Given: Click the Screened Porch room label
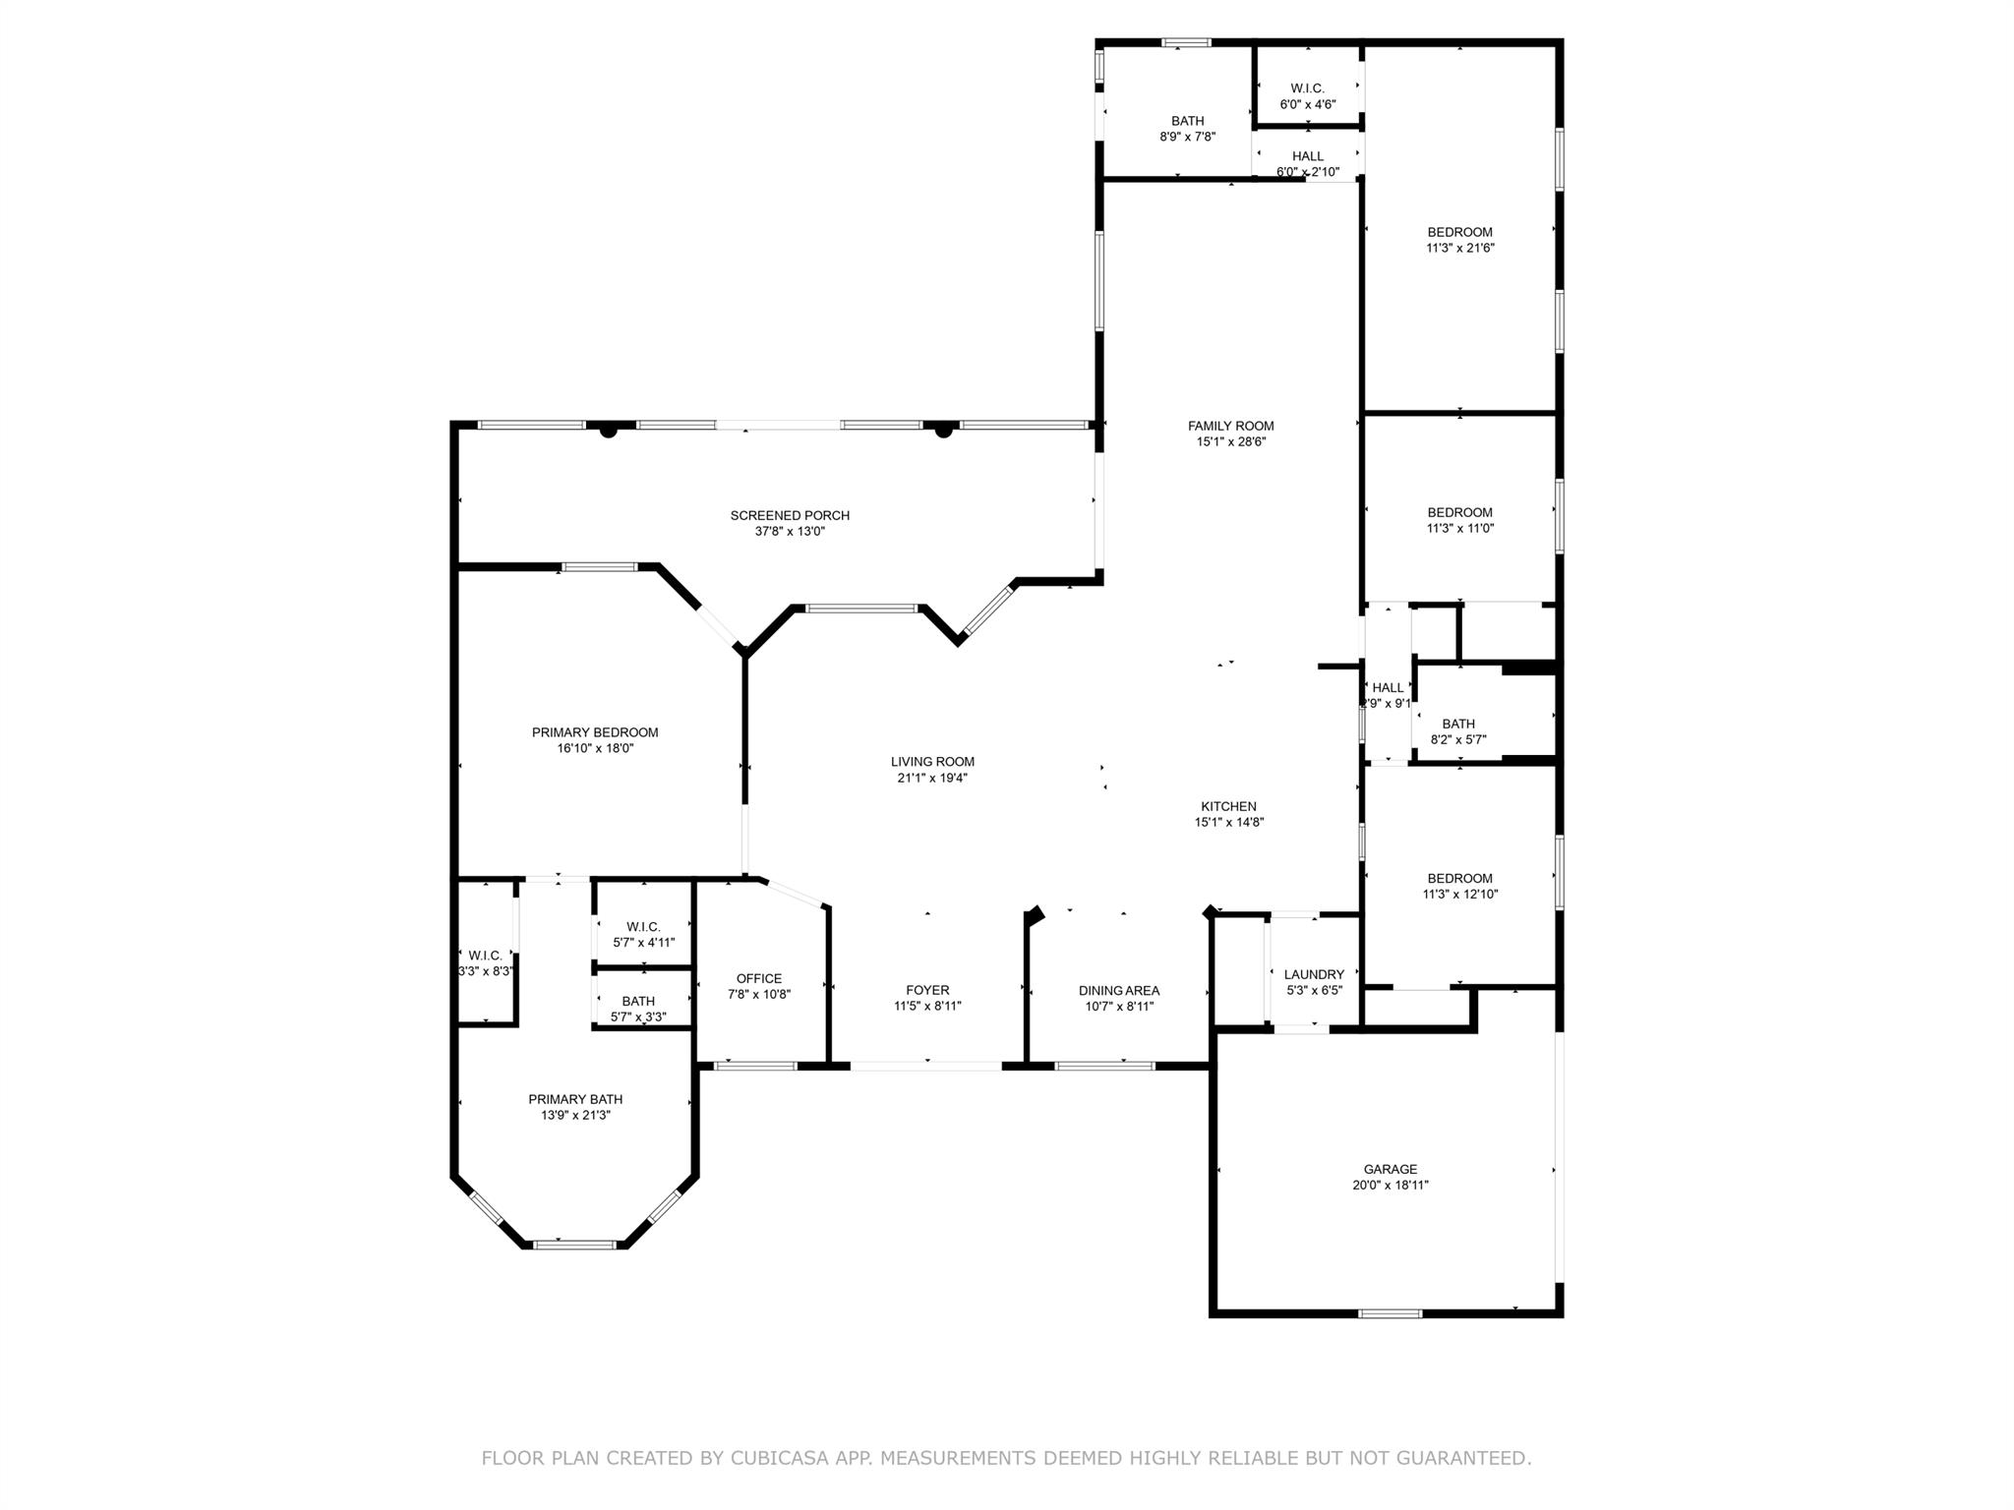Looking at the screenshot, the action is click(x=790, y=515).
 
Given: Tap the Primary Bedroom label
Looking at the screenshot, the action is click(x=595, y=732).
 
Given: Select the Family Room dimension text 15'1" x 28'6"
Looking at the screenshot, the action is click(x=1230, y=441).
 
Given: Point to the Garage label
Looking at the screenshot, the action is click(x=1391, y=1169).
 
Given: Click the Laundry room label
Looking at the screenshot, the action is click(x=1314, y=974).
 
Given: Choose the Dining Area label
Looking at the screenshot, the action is click(x=1119, y=990).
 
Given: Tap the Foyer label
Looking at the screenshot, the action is click(x=927, y=990).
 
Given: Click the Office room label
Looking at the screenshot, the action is click(x=759, y=978).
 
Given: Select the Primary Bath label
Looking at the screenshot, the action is click(x=575, y=1099).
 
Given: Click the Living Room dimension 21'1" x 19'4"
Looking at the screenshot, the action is click(x=932, y=778).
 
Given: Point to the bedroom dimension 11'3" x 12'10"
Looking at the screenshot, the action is click(x=1460, y=895).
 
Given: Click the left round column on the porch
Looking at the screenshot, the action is click(x=609, y=430).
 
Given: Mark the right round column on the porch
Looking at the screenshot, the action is click(x=944, y=430).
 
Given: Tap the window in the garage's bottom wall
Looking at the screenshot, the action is click(x=1390, y=1313).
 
